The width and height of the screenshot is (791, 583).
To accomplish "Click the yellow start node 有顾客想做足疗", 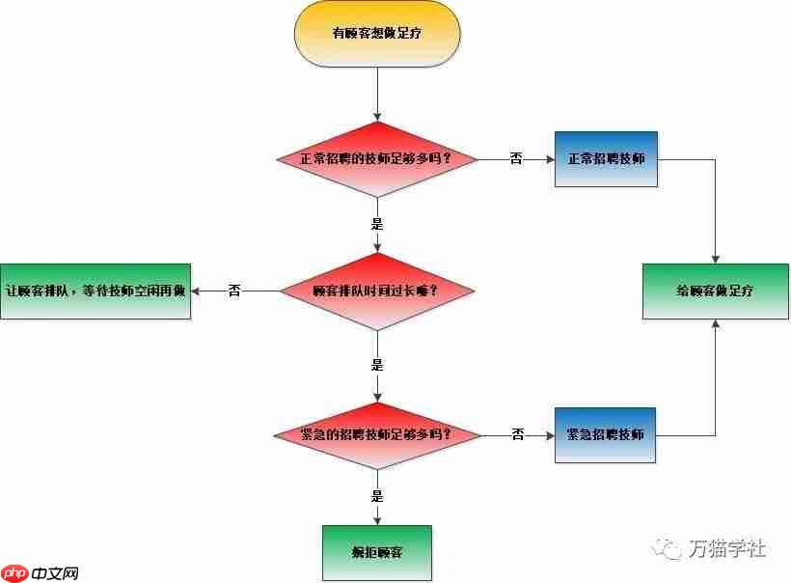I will tap(377, 33).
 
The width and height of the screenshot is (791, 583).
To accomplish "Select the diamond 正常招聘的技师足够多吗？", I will tap(377, 158).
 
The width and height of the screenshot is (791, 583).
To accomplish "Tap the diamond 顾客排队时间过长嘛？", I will tap(377, 291).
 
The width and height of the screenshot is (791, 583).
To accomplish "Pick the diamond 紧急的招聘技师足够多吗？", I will tap(377, 435).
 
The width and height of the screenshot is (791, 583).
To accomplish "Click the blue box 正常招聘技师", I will tap(606, 158).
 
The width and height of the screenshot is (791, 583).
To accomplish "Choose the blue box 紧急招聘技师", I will tap(606, 435).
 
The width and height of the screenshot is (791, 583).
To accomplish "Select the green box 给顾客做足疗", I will tap(715, 291).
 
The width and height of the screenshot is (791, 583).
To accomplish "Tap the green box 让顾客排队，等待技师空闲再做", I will tap(95, 291).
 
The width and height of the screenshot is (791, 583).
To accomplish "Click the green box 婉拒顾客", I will tap(377, 553).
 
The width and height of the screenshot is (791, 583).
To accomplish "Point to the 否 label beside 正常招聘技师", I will tap(516, 158).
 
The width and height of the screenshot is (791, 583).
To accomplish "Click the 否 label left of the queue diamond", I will tap(234, 291).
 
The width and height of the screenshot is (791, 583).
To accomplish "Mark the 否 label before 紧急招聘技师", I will tap(517, 435).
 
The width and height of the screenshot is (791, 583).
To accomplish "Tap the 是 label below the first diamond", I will tap(377, 223).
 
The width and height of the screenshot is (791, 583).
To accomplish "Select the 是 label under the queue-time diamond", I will tap(377, 365).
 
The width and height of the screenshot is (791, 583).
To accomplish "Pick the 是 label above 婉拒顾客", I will tap(377, 497).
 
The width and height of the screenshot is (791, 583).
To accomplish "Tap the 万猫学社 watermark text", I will tap(727, 548).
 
